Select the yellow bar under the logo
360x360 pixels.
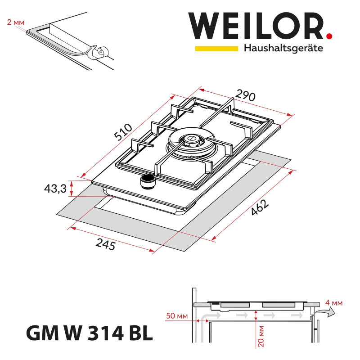click(x=216, y=48)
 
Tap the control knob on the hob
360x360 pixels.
click(x=146, y=181)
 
